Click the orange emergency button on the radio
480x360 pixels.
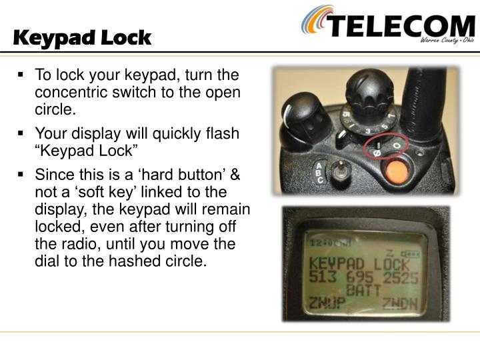tap(397, 173)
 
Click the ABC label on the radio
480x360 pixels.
tap(319, 173)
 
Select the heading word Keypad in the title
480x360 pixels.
tap(54, 39)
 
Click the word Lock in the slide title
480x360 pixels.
tap(126, 38)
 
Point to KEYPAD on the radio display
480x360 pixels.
tap(337, 264)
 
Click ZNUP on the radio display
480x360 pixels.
tap(327, 303)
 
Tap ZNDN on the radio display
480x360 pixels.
tap(400, 304)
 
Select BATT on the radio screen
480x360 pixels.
tap(363, 290)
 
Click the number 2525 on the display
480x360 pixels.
tap(401, 278)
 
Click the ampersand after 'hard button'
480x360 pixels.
tap(235, 175)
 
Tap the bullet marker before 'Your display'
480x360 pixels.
tap(21, 133)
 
